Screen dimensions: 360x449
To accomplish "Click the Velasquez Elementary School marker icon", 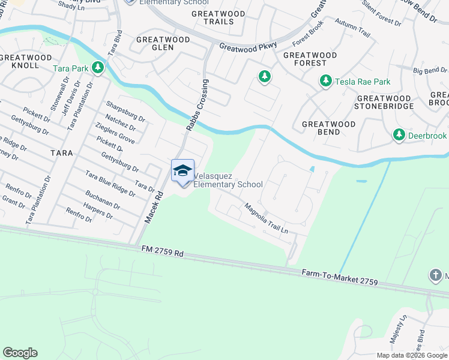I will click(182, 171).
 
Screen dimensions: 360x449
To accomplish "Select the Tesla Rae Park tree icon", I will click(326, 81).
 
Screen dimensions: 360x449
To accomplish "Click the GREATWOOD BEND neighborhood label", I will click(328, 124).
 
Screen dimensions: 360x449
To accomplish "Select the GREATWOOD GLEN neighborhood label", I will click(163, 43).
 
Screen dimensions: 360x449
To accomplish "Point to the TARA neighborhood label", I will click(61, 153).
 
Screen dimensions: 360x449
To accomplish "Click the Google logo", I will click(20, 353).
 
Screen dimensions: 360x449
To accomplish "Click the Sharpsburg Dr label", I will click(125, 110).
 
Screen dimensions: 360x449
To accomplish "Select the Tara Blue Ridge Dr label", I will click(110, 183).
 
